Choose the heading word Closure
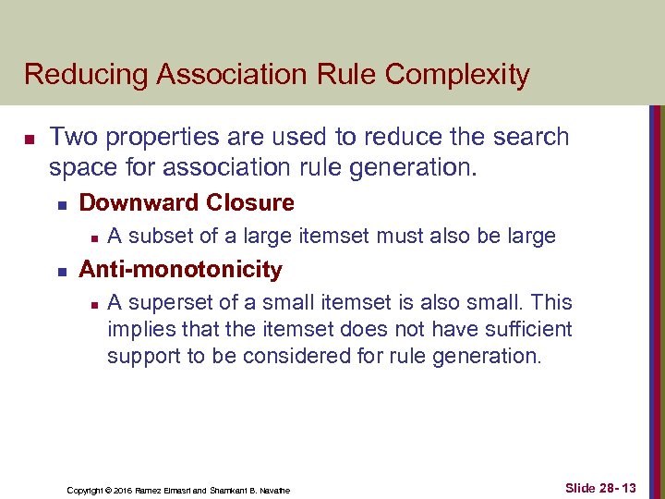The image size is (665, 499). [x=250, y=202]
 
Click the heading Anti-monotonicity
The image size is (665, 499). [x=180, y=269]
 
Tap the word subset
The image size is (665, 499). [x=159, y=236]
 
